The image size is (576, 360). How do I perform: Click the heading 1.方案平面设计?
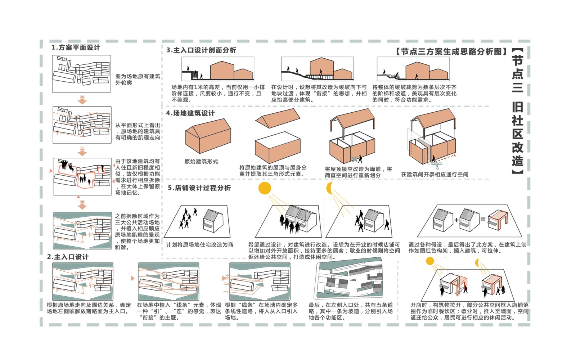pos(76,48)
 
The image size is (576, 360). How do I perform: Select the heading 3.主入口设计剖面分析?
pos(201,50)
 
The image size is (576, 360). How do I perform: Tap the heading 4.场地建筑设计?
pos(190,113)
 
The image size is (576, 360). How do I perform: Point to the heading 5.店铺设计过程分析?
pos(199,188)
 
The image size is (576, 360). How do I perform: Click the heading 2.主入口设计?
pos(68,257)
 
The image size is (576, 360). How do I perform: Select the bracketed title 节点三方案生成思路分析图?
pos(451,51)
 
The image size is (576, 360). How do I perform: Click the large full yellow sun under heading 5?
pos(265,188)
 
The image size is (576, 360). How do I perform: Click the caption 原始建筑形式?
pos(201,162)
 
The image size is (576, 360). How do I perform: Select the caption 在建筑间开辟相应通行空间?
pos(435,174)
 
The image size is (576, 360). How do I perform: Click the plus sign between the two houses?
pos(456,220)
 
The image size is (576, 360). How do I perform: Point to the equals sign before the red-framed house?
pos(483,219)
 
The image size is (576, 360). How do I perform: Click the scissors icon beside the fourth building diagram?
pos(437,165)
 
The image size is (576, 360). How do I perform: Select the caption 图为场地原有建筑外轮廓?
pos(137,80)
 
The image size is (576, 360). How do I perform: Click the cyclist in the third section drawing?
pos(397,76)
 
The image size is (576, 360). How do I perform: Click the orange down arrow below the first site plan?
pos(82,99)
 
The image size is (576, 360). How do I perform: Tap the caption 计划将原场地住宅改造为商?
pos(199,245)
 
